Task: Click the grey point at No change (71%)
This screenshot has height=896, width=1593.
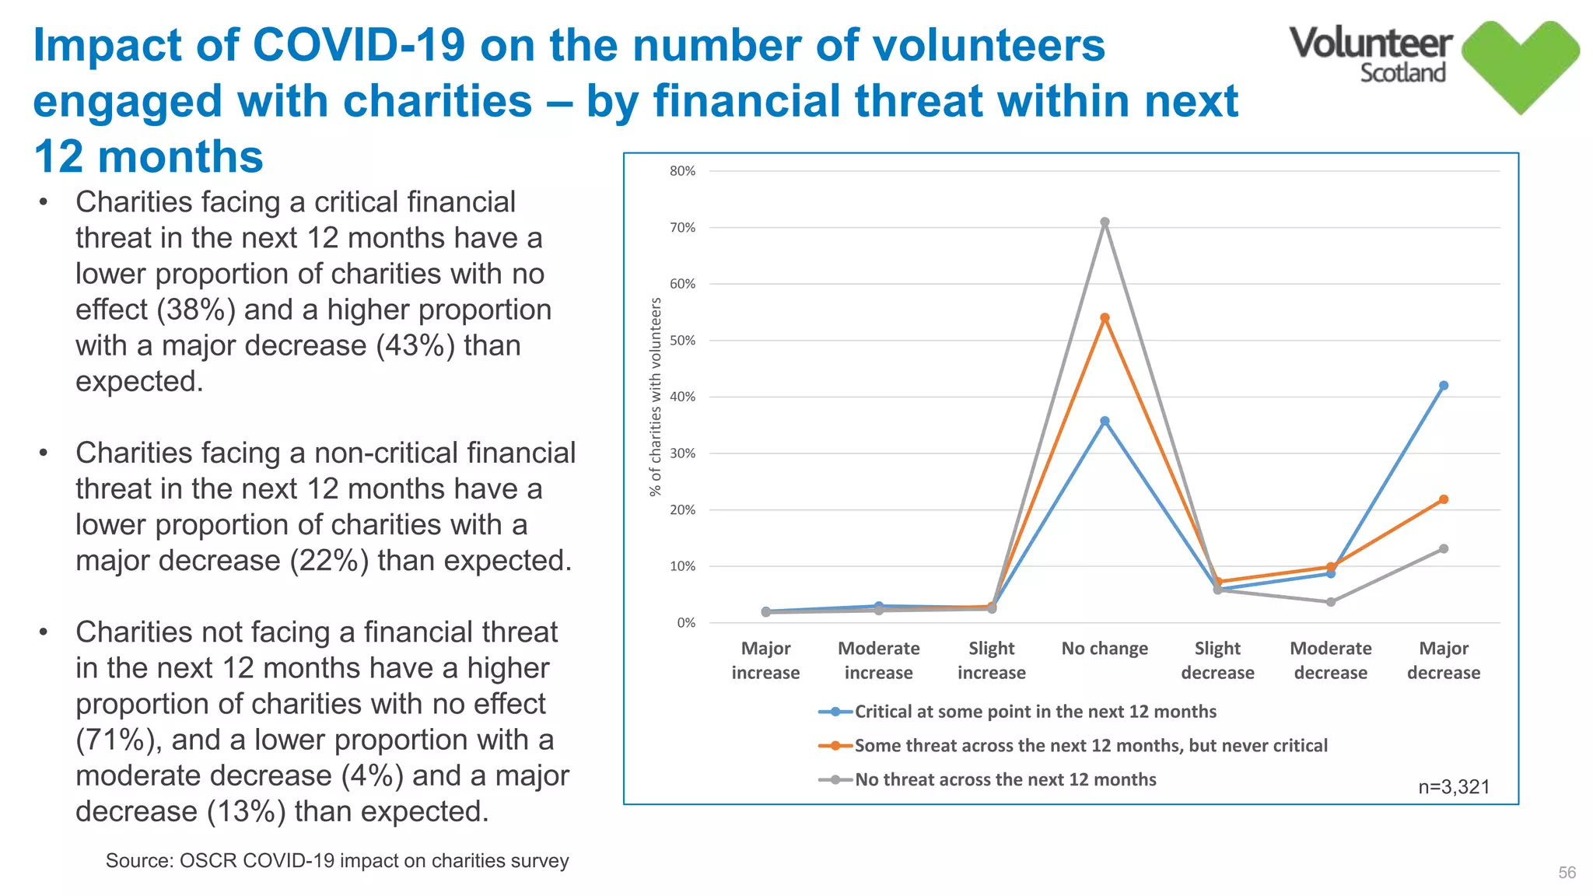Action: (x=1105, y=222)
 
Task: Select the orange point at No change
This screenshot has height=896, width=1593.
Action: (x=1105, y=318)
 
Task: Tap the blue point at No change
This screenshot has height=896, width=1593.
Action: (x=1105, y=422)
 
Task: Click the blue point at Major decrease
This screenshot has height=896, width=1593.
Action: (x=1444, y=386)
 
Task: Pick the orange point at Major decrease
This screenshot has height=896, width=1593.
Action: (x=1444, y=499)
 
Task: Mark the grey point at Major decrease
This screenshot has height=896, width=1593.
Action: (x=1444, y=549)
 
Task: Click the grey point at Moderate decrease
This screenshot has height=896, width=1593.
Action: (x=1331, y=602)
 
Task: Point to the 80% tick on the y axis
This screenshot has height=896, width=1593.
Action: (x=682, y=171)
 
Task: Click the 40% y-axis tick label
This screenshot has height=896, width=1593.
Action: (x=682, y=397)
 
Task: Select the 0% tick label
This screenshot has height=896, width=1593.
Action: (x=685, y=623)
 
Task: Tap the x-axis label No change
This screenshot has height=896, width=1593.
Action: (x=1105, y=649)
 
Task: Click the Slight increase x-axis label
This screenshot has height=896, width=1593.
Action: (x=992, y=660)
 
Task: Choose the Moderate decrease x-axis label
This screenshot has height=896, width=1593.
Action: (x=1331, y=660)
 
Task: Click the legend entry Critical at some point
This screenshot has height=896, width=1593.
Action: (x=1035, y=712)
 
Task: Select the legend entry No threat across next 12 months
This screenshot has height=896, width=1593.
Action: (x=1005, y=779)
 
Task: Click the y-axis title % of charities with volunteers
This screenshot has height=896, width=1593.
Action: (x=656, y=397)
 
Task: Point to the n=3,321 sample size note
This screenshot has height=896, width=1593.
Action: (x=1454, y=787)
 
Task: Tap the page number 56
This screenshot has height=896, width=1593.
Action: (x=1567, y=873)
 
